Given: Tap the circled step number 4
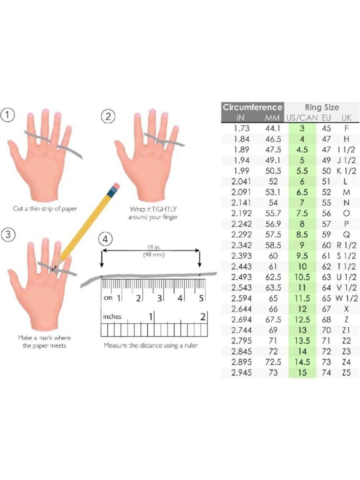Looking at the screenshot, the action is pyautogui.click(x=105, y=239).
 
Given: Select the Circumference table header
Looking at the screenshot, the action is pyautogui.click(x=252, y=107).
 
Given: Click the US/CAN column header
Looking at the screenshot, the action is pyautogui.click(x=302, y=118).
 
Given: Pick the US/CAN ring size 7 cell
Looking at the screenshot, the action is pyautogui.click(x=302, y=203).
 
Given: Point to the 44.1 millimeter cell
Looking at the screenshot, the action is pyautogui.click(x=273, y=128).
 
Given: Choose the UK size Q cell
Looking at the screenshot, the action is pyautogui.click(x=346, y=235).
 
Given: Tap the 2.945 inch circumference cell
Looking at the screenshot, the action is pyautogui.click(x=241, y=373).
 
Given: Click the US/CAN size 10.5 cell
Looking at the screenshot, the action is pyautogui.click(x=302, y=277).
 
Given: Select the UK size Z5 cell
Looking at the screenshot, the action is pyautogui.click(x=346, y=373).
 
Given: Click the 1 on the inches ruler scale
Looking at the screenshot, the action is pyautogui.click(x=150, y=317).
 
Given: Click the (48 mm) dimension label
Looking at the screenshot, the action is pyautogui.click(x=154, y=255).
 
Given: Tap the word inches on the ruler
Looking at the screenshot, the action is pyautogui.click(x=112, y=317).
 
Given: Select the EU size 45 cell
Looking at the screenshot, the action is pyautogui.click(x=326, y=128).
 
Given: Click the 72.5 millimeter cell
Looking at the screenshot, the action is pyautogui.click(x=273, y=362).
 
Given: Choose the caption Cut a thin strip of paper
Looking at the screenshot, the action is pyautogui.click(x=45, y=208).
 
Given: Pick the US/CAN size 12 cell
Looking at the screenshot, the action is pyautogui.click(x=302, y=309).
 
